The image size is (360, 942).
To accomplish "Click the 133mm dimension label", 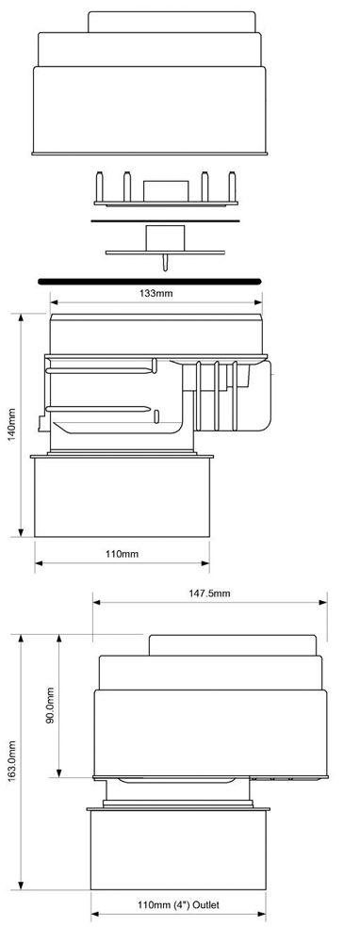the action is (156, 293).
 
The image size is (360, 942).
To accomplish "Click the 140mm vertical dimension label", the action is (12, 425).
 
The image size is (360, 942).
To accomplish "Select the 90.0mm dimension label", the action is (51, 705).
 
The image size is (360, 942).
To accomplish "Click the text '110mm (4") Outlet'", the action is (178, 904).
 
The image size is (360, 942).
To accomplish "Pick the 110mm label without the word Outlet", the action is (122, 553).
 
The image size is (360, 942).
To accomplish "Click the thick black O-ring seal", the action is (149, 281).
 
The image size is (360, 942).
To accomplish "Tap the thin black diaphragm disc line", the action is (165, 220).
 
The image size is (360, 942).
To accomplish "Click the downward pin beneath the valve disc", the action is (165, 262).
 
